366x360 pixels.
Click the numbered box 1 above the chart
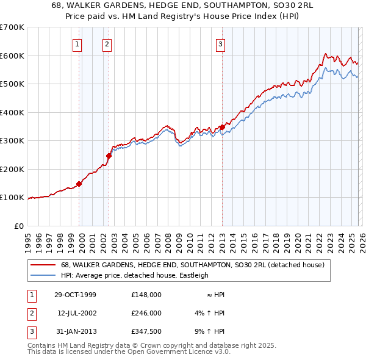click(x=78, y=44)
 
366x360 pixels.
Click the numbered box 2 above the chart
click(x=107, y=44)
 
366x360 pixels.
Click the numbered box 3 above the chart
click(x=220, y=44)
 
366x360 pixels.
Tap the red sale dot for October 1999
click(x=79, y=184)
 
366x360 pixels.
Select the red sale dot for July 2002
click(x=109, y=156)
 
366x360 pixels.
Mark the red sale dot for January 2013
click(x=222, y=127)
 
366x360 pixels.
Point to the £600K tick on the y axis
click(x=12, y=56)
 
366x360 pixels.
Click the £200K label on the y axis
click(x=12, y=169)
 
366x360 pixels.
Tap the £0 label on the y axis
click(x=18, y=226)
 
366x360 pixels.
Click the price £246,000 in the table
click(x=146, y=312)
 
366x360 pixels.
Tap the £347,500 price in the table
click(x=146, y=331)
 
